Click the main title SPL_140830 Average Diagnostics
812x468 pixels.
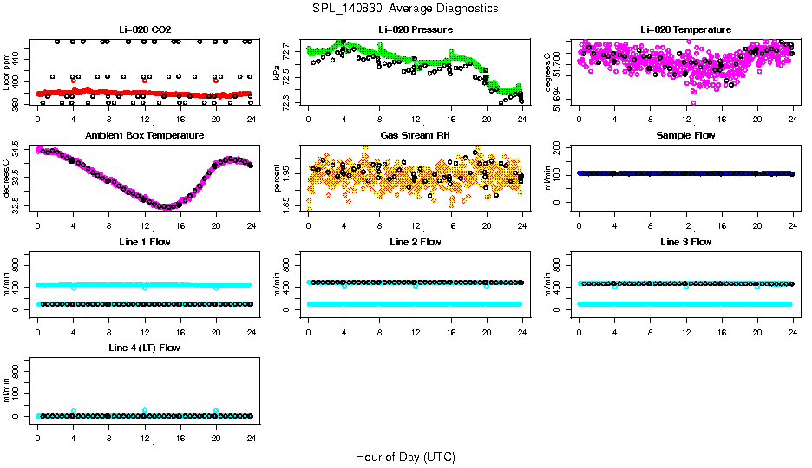pos(406,9)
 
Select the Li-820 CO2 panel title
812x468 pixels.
pos(145,30)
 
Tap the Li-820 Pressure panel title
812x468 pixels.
pos(415,30)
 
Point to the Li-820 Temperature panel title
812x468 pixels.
pos(685,30)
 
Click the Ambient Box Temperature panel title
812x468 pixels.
pos(145,136)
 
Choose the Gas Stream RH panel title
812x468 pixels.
pos(415,136)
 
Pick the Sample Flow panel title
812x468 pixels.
pos(685,136)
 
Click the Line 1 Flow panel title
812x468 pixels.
pos(145,242)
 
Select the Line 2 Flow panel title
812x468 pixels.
pos(415,242)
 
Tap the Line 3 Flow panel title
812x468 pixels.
pos(685,242)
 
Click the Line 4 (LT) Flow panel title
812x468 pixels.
pos(145,348)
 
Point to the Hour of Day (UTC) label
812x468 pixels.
pos(405,457)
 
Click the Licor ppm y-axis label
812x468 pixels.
pos(7,73)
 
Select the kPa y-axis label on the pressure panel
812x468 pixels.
pos(278,73)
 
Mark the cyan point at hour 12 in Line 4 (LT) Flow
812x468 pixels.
pos(145,410)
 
